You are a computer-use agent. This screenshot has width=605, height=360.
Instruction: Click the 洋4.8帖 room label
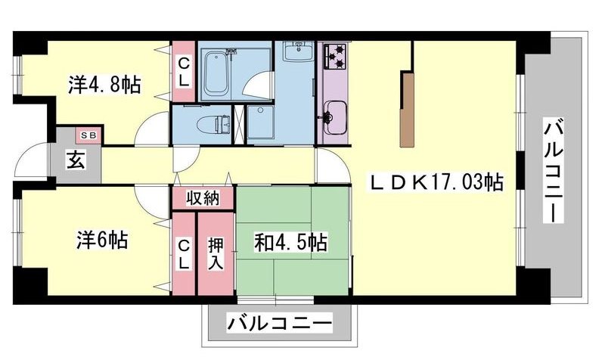[104, 84]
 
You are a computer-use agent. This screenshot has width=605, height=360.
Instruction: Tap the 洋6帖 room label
[101, 241]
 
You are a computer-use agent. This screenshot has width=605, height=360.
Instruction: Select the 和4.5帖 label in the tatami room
[291, 244]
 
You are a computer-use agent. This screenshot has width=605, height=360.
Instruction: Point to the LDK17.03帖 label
[436, 182]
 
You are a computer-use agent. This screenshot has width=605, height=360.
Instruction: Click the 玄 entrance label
[76, 161]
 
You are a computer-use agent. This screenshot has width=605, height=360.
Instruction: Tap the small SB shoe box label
[88, 135]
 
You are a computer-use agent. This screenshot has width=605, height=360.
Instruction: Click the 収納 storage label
[203, 198]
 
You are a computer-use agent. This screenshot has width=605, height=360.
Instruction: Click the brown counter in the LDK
[408, 109]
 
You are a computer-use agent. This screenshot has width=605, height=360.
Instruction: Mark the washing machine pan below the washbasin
[262, 121]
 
